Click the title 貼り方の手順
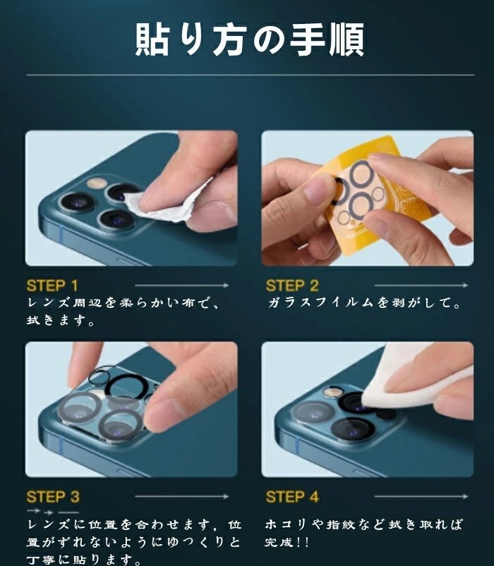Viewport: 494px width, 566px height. [x=250, y=39]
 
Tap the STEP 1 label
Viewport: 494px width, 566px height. [x=52, y=285]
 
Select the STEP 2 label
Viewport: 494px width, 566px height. [x=292, y=285]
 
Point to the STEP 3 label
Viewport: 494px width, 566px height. [x=53, y=497]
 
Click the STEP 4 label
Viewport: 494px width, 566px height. [x=292, y=497]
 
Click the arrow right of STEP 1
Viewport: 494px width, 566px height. [x=182, y=285]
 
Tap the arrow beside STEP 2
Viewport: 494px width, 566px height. [x=421, y=285]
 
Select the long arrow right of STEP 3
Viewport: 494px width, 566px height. [x=182, y=496]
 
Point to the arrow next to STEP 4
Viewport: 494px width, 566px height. [x=421, y=496]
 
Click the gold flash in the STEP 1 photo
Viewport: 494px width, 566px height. [x=97, y=183]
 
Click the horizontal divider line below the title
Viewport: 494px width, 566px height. [x=250, y=75]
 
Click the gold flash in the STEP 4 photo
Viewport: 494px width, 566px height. [x=332, y=392]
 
